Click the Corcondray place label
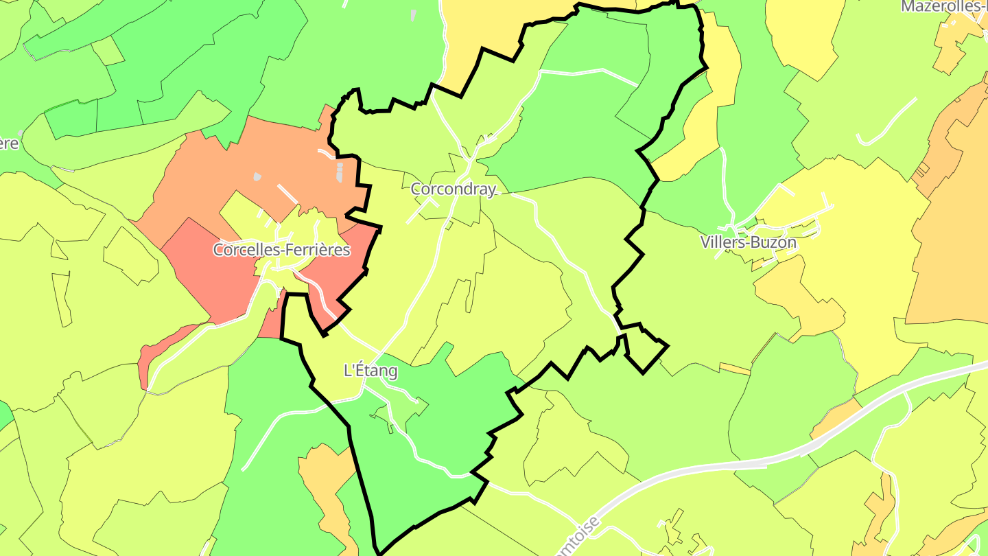453,189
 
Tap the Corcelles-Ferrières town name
281,250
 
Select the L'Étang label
370,371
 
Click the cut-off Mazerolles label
944,7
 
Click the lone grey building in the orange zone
257,176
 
